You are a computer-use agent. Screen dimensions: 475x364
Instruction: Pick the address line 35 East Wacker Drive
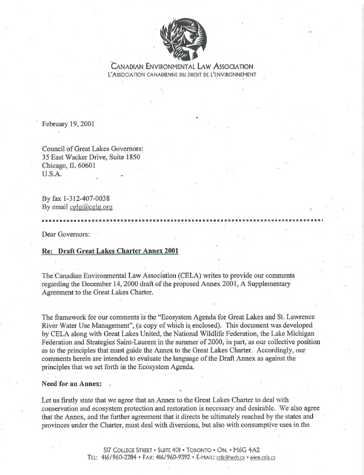(x=91, y=157)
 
